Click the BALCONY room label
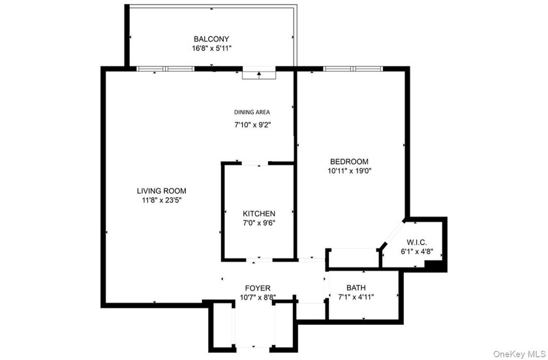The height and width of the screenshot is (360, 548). tap(211, 38)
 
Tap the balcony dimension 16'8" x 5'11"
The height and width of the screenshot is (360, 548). tap(211, 48)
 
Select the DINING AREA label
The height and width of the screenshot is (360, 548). tap(252, 112)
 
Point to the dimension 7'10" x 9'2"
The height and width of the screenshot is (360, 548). tap(252, 125)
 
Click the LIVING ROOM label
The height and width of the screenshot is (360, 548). tap(162, 191)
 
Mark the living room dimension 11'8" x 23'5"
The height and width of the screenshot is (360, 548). tap(162, 200)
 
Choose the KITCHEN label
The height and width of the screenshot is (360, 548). tap(259, 213)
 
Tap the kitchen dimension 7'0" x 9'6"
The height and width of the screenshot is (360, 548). tap(259, 223)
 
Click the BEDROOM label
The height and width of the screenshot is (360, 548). tap(349, 162)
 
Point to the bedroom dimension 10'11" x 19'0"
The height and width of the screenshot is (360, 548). tap(349, 171)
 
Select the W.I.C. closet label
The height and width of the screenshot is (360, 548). tap(417, 242)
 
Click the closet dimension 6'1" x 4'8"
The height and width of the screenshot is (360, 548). tap(417, 252)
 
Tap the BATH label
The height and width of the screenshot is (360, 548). tap(356, 288)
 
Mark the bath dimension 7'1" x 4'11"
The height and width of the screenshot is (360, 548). tap(356, 297)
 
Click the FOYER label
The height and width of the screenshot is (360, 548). tap(258, 288)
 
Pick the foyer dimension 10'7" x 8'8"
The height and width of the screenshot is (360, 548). tap(258, 297)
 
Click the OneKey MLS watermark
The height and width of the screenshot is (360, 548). tap(519, 354)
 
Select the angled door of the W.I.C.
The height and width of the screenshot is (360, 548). tap(394, 232)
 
